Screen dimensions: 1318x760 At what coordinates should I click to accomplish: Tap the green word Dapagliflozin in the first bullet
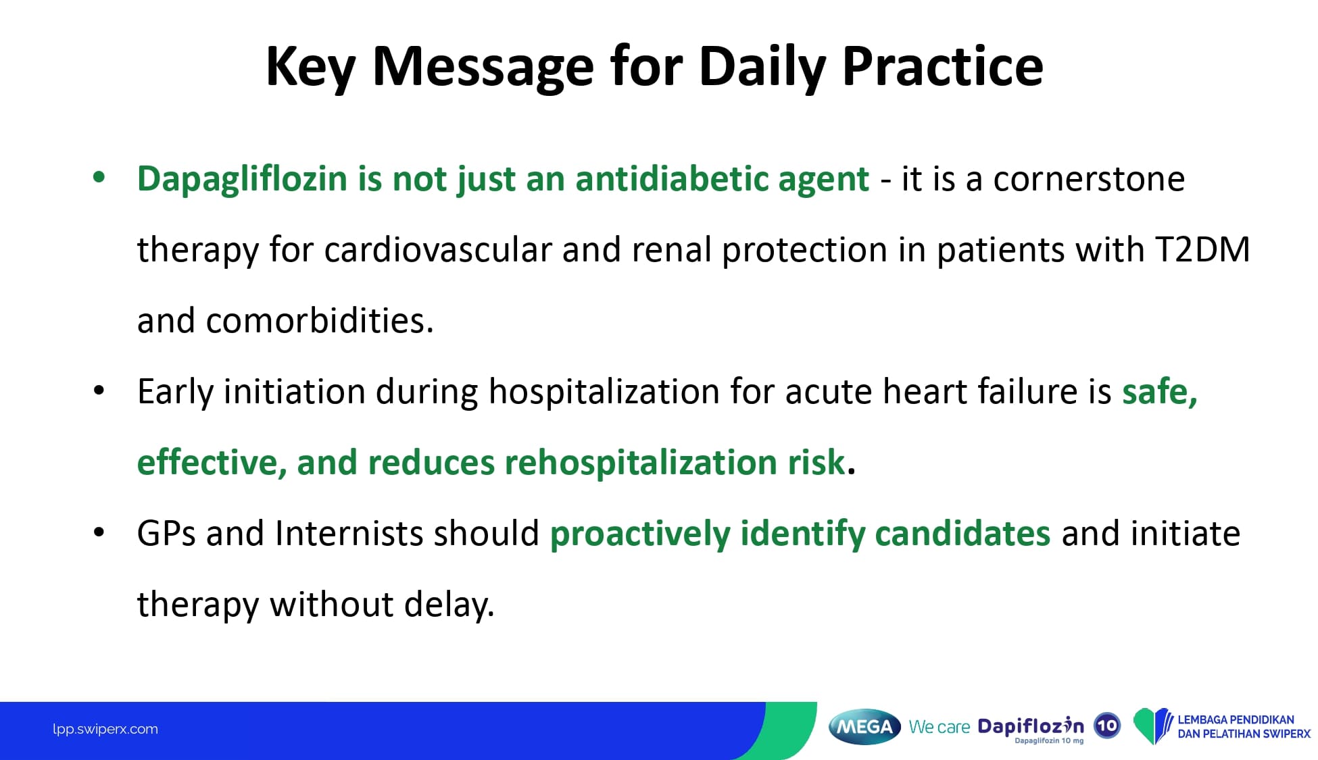tap(242, 180)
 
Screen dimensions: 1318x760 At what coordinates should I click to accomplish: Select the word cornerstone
tap(1089, 179)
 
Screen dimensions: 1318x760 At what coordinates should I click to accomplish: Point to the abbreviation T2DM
tap(1202, 249)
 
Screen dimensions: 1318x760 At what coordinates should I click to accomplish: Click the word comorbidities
tap(319, 320)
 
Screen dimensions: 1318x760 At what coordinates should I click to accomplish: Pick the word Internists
tap(349, 533)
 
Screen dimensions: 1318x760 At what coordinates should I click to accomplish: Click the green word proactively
tap(640, 534)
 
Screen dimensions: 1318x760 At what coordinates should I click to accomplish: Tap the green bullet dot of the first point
tap(99, 178)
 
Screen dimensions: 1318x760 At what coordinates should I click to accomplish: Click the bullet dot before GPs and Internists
tap(99, 532)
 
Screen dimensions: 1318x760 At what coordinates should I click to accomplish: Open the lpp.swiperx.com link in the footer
tap(105, 729)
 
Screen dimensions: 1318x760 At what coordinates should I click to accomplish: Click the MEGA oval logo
tap(864, 727)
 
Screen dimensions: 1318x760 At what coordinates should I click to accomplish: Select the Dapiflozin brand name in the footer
tap(1031, 726)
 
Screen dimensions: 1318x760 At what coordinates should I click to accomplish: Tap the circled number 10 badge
tap(1107, 726)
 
